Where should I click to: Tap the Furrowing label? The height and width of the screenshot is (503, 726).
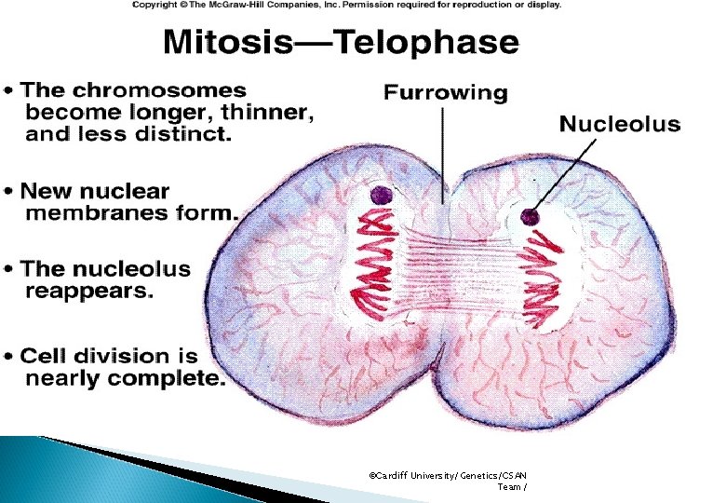446,93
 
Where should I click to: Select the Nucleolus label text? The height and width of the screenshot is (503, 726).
619,124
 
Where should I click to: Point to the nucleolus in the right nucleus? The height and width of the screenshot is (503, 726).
531,217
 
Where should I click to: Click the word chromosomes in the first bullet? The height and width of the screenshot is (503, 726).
180,91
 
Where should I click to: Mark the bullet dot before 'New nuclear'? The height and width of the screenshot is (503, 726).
9,191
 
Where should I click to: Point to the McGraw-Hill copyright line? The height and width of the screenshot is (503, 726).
346,6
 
